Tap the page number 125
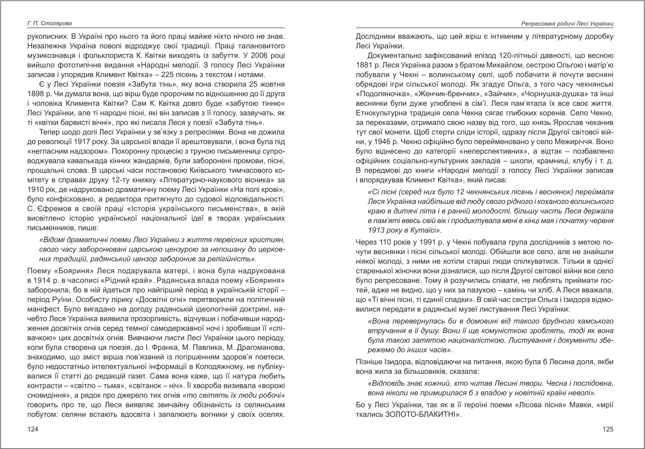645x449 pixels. (607, 429)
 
